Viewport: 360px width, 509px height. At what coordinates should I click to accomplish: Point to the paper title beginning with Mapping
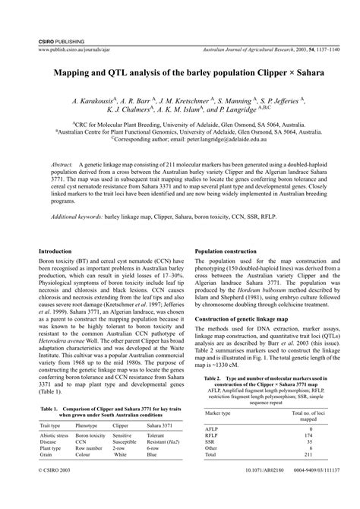pos(179,76)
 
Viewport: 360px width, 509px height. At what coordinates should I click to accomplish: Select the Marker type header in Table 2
pos(219,412)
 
